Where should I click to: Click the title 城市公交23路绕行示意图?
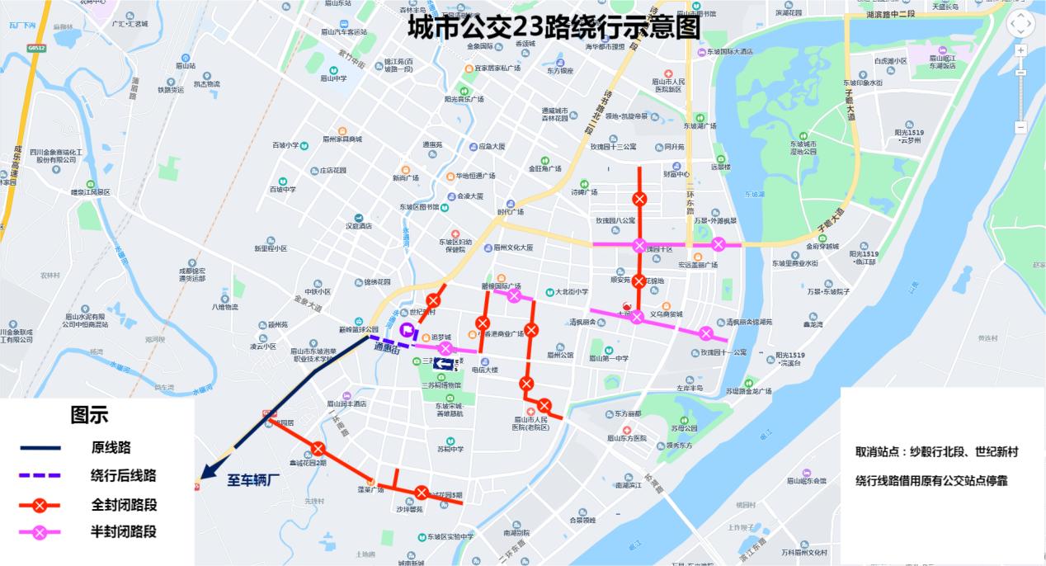click(x=554, y=27)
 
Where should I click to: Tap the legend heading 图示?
click(x=89, y=414)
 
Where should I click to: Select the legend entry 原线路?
click(x=111, y=448)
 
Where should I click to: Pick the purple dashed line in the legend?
click(x=40, y=476)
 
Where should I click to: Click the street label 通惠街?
click(x=386, y=349)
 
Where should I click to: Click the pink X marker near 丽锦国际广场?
click(x=514, y=296)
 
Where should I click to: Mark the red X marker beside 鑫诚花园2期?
click(x=318, y=450)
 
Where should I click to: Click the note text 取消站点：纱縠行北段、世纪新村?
click(x=936, y=452)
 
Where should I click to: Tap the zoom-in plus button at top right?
click(x=1020, y=51)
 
